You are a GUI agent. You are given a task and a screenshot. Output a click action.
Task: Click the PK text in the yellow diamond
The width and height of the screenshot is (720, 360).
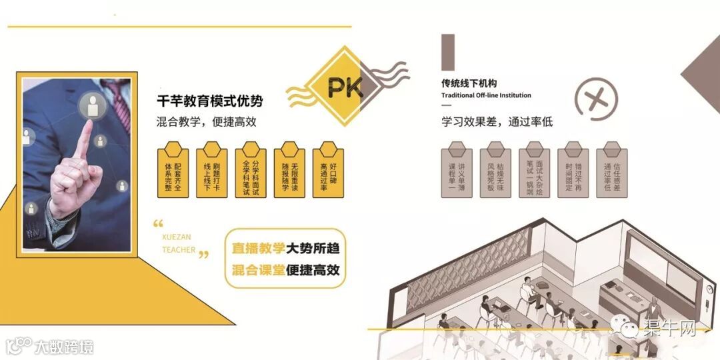coord(345,87)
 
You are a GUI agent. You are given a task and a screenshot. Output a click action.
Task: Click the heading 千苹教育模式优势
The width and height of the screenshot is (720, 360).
coord(209,101)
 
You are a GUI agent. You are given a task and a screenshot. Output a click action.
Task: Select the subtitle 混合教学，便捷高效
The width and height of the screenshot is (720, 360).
coord(206,122)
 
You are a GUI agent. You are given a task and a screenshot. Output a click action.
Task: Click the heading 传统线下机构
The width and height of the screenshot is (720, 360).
coord(469,83)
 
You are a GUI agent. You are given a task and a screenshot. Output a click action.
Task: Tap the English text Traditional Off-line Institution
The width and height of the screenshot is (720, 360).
coord(486,95)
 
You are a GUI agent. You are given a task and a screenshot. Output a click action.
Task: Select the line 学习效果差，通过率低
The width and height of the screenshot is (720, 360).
coord(497,122)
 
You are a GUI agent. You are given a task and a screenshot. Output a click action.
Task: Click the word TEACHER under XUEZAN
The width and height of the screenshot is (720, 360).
coord(179,250)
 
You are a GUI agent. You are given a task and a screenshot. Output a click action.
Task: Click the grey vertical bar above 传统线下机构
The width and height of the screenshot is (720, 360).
coord(448,52)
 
